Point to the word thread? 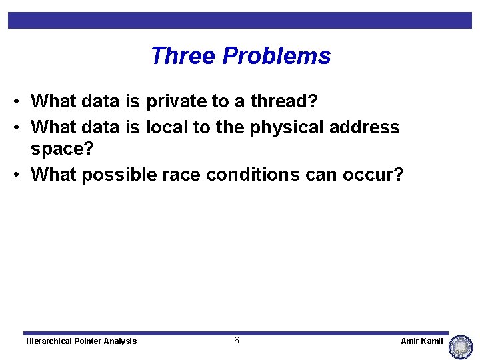(x=284, y=102)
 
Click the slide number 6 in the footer (x=237, y=341)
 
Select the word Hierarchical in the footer (x=49, y=341)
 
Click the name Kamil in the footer (x=431, y=341)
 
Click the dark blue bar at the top (x=240, y=20)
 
